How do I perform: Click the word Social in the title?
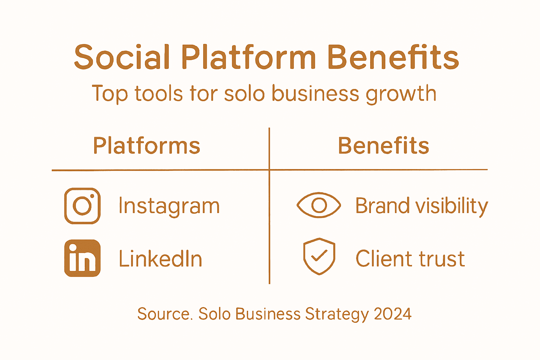click(122, 57)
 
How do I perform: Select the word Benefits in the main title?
click(393, 57)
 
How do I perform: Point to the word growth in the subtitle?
click(401, 94)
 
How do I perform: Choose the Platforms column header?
click(147, 146)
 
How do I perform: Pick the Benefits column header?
click(384, 146)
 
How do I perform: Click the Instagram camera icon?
click(83, 206)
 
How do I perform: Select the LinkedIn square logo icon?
click(83, 258)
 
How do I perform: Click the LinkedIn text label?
click(161, 259)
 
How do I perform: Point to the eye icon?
click(319, 205)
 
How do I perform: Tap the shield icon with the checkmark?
click(319, 256)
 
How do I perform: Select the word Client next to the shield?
click(383, 259)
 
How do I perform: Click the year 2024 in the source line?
click(393, 314)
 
